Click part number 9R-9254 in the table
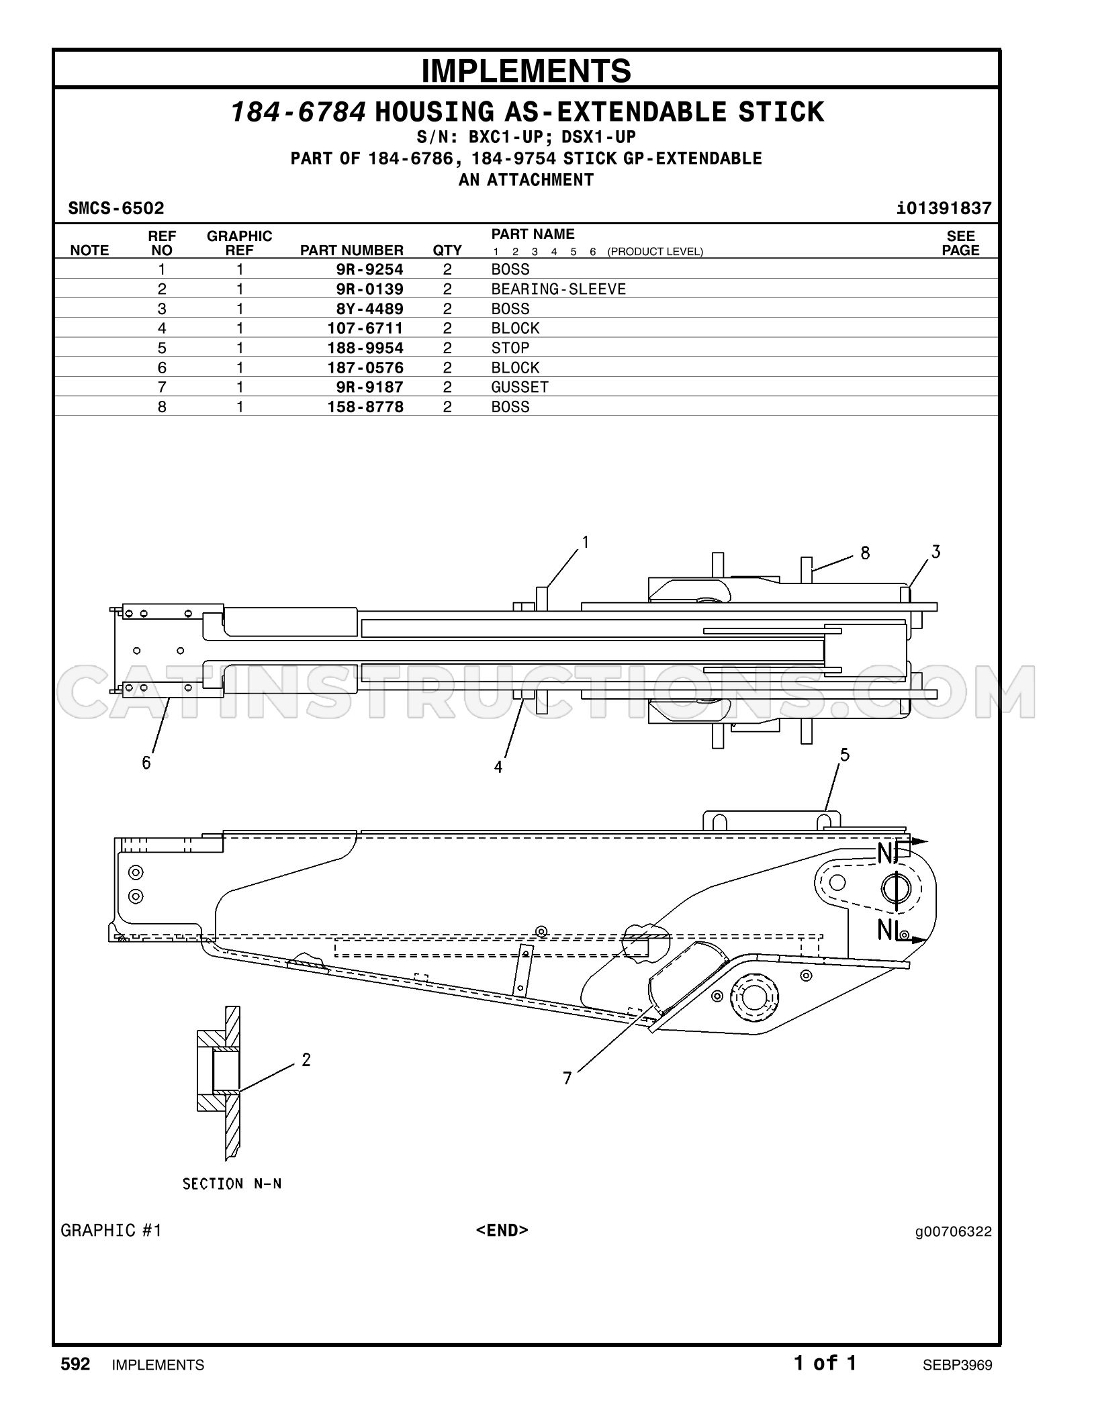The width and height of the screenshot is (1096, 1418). (369, 270)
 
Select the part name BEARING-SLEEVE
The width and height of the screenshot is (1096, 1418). (558, 289)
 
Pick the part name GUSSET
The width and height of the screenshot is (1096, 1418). (520, 387)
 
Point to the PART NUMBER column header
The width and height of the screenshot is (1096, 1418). (351, 250)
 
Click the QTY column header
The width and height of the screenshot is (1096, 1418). (447, 250)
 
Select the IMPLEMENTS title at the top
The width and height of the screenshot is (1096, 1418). (527, 70)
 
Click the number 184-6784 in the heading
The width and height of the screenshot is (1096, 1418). (299, 112)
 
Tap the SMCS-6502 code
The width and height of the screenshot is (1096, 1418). (116, 208)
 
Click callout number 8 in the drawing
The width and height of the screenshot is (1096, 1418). (865, 553)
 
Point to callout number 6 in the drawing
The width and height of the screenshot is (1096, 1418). (146, 763)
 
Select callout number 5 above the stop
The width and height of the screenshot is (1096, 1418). (845, 755)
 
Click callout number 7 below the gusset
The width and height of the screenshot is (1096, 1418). (567, 1078)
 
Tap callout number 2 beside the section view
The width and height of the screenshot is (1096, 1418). (306, 1060)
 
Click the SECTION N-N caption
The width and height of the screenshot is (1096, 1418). (232, 1184)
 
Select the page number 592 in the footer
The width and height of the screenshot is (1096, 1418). (75, 1364)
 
